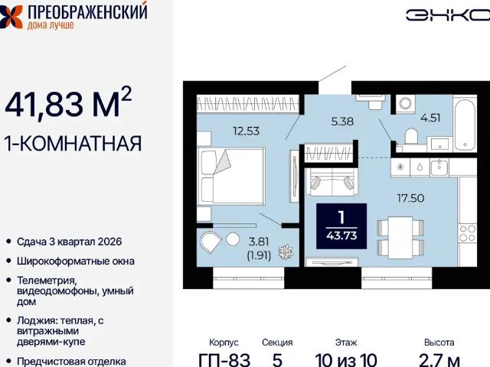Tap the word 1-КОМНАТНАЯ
[x=73, y=143]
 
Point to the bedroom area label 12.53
[x=247, y=130]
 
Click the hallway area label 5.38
[x=342, y=120]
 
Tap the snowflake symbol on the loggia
[x=285, y=252]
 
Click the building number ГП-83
[x=224, y=359]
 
